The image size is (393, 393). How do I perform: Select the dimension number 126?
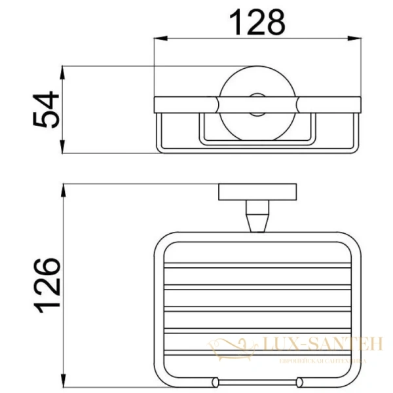point(48,286)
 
